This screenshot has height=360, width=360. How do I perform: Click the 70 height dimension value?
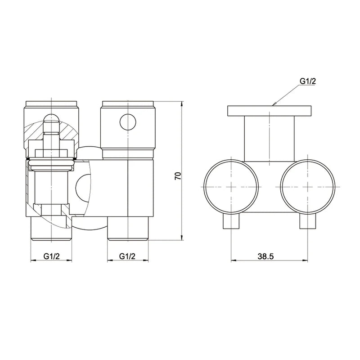tap(178, 175)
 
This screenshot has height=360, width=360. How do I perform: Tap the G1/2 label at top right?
tap(308, 81)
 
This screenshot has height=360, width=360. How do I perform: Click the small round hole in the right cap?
tap(128, 121)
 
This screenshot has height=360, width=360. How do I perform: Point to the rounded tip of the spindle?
tap(52, 118)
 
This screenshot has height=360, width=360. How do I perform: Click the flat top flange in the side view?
tap(269, 111)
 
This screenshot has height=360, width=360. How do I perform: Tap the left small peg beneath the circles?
tap(231, 222)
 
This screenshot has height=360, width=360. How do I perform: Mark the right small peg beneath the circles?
tap(308, 222)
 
